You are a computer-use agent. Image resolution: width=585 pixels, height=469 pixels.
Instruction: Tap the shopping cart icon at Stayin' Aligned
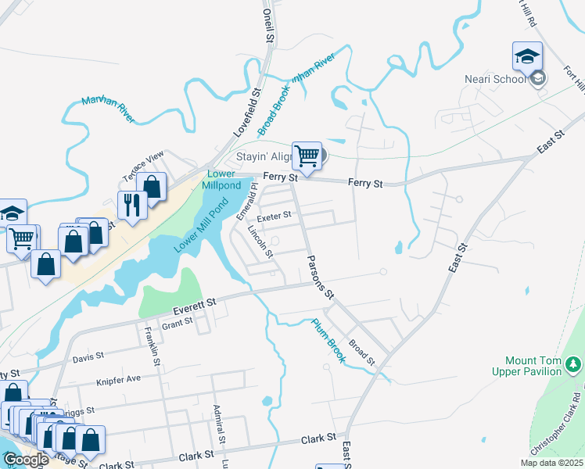307,155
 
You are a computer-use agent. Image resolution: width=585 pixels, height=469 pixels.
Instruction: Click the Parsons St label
320,277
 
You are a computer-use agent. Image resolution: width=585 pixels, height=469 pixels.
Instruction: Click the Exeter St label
275,214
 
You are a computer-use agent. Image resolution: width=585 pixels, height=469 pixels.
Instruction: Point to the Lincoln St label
259,242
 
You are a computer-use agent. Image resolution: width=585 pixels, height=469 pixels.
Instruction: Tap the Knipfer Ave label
117,379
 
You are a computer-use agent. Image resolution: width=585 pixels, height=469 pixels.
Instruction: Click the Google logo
26,460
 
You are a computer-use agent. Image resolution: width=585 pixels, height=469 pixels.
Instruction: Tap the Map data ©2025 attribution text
552,463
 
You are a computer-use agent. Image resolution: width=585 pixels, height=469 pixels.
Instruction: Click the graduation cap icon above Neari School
527,55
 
